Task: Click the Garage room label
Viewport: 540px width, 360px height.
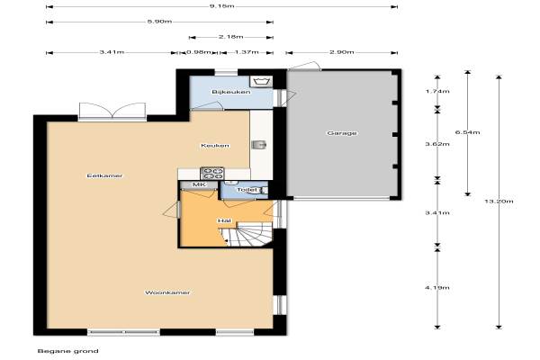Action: [x=342, y=133]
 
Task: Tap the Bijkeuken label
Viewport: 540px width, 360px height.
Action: [x=231, y=92]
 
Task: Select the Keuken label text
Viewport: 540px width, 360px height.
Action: [x=215, y=146]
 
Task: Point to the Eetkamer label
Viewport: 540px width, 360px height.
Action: [x=104, y=175]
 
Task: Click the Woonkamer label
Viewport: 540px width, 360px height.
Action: [x=167, y=292]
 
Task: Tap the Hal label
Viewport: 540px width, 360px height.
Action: [x=224, y=220]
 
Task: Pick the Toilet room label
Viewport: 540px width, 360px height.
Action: [x=247, y=190]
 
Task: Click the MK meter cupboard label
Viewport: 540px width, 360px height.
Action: [x=199, y=184]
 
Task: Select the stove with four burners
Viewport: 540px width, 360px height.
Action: [x=212, y=174]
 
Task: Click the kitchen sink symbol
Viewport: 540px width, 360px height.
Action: [x=259, y=145]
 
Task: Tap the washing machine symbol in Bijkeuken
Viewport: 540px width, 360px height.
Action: [x=263, y=82]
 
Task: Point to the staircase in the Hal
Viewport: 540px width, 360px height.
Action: [x=247, y=235]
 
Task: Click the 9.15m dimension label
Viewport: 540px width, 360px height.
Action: [x=221, y=6]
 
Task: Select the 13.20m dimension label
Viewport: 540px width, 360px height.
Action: [x=499, y=202]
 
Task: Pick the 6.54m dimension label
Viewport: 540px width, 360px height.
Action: [x=468, y=132]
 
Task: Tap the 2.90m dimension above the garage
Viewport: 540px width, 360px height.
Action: [x=342, y=52]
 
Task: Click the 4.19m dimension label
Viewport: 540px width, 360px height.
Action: [x=437, y=288]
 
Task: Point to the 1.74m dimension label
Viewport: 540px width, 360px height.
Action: [x=437, y=91]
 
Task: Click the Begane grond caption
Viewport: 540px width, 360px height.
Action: [x=67, y=351]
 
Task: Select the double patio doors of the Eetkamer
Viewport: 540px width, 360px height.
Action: [x=112, y=111]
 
